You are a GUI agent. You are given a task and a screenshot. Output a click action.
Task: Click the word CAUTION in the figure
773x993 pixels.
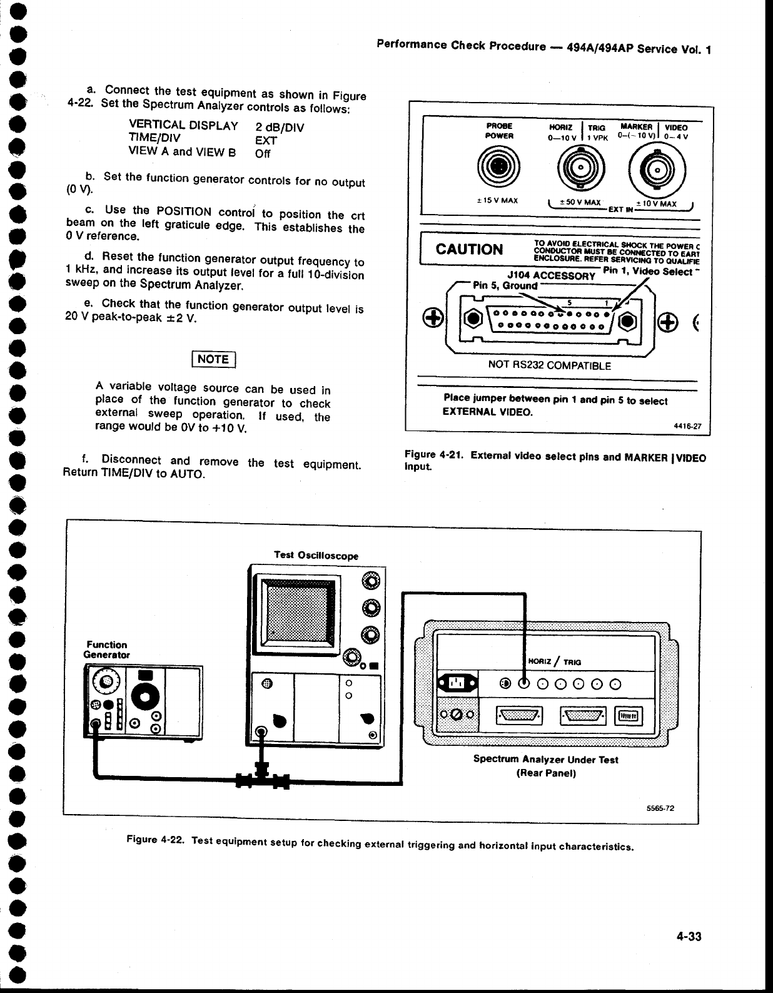pos(469,249)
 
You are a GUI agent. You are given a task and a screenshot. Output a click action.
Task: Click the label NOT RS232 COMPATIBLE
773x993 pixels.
pos(541,365)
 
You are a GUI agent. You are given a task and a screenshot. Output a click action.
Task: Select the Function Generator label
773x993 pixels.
pos(106,649)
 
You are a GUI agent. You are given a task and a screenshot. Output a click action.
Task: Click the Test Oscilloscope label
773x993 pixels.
pos(316,554)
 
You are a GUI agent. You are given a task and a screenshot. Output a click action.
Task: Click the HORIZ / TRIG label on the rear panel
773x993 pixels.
pos(555,661)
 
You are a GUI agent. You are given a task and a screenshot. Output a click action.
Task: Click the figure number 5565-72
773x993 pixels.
pos(660,808)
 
